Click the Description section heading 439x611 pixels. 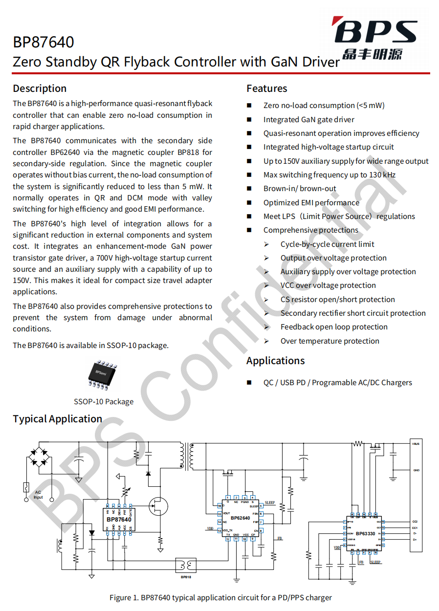(40, 88)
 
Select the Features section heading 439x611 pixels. (266, 88)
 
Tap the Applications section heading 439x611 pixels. (275, 361)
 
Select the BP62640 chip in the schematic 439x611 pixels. (240, 518)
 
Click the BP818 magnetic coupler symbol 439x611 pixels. (186, 566)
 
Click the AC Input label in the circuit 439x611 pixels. (38, 495)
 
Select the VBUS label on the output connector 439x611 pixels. (416, 444)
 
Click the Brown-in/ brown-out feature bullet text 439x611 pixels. (300, 189)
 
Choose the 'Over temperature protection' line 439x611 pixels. (329, 341)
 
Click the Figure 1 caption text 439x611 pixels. (220, 597)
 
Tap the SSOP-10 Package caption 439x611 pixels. (104, 402)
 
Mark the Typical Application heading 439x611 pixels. (57, 419)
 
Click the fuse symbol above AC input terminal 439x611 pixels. (25, 487)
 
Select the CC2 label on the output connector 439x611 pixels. (415, 522)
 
